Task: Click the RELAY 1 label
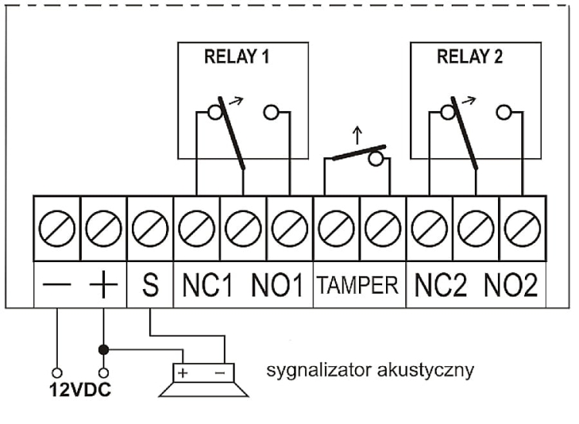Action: pyautogui.click(x=237, y=57)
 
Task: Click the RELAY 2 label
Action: pyautogui.click(x=469, y=57)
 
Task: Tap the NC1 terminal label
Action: pyautogui.click(x=208, y=285)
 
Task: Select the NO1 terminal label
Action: pyautogui.click(x=277, y=285)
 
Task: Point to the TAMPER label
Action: pyautogui.click(x=358, y=285)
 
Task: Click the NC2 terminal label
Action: pyautogui.click(x=441, y=285)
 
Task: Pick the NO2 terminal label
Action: pyautogui.click(x=511, y=285)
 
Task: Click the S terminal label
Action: pyautogui.click(x=151, y=285)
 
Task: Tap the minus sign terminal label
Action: pyautogui.click(x=56, y=284)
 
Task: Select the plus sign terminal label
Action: pyautogui.click(x=103, y=284)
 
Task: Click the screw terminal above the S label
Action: pyautogui.click(x=150, y=229)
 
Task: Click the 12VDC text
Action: pyautogui.click(x=80, y=390)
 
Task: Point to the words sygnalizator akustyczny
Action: pyautogui.click(x=370, y=370)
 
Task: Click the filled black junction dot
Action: pyautogui.click(x=103, y=349)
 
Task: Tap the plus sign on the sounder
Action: pyautogui.click(x=183, y=373)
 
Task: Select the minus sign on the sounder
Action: pyautogui.click(x=220, y=373)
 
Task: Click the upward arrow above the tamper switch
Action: pyautogui.click(x=357, y=136)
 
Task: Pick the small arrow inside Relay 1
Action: pyautogui.click(x=236, y=101)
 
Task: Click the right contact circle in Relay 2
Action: pyautogui.click(x=503, y=112)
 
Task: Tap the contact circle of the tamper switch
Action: pyautogui.click(x=376, y=159)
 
